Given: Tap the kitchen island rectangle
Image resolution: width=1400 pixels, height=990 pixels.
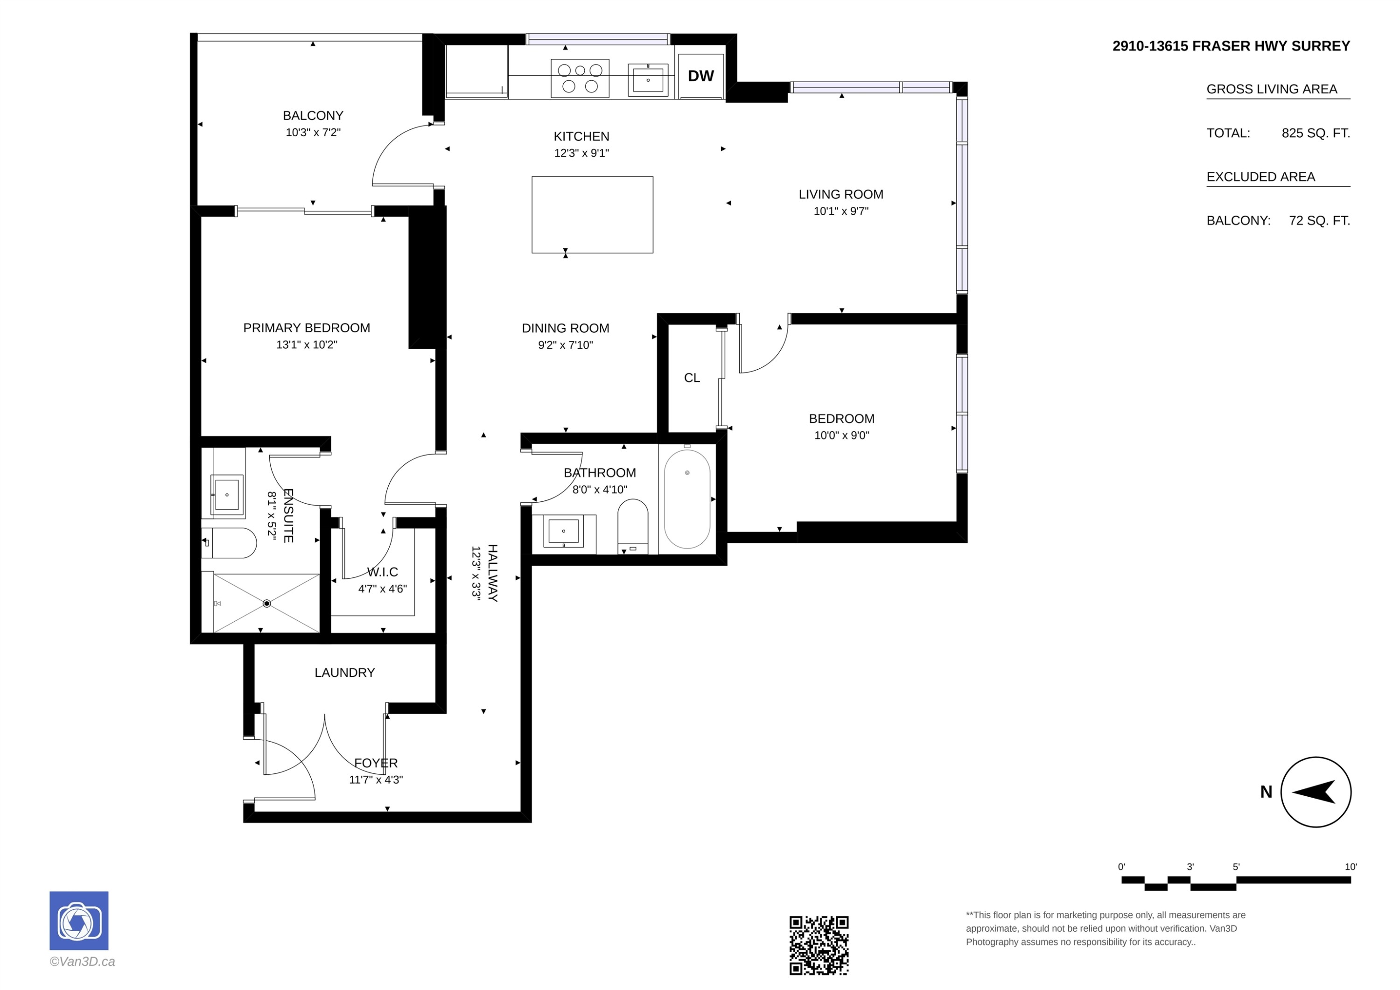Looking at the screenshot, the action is coord(592,215).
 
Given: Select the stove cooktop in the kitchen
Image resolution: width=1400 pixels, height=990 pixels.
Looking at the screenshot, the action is coord(580,78).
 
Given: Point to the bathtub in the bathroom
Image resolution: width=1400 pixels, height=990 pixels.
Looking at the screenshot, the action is coord(687,499).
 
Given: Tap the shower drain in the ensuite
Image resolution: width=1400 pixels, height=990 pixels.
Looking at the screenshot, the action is coord(266,603).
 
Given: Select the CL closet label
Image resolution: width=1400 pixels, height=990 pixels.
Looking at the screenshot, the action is coord(692,378).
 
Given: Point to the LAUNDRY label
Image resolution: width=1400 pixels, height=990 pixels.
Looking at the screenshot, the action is coord(344,672).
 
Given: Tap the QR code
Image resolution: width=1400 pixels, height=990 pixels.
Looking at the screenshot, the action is coord(819,945).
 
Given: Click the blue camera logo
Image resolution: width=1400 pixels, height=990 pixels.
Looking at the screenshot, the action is coord(79,920).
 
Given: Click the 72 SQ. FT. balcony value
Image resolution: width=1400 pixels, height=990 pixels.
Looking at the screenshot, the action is coord(1320,221).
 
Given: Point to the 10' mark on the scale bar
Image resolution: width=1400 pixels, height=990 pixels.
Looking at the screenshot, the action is coord(1351,867).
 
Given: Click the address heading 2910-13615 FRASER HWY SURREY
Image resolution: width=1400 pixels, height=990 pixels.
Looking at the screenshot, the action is coord(1231,46).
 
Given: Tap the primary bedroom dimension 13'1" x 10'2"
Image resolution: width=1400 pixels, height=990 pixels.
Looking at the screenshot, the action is coord(307,344).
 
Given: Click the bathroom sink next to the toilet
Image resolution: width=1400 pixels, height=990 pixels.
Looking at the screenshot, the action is coord(563,531).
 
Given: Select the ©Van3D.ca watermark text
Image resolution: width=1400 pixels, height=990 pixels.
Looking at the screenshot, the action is coord(82,962).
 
